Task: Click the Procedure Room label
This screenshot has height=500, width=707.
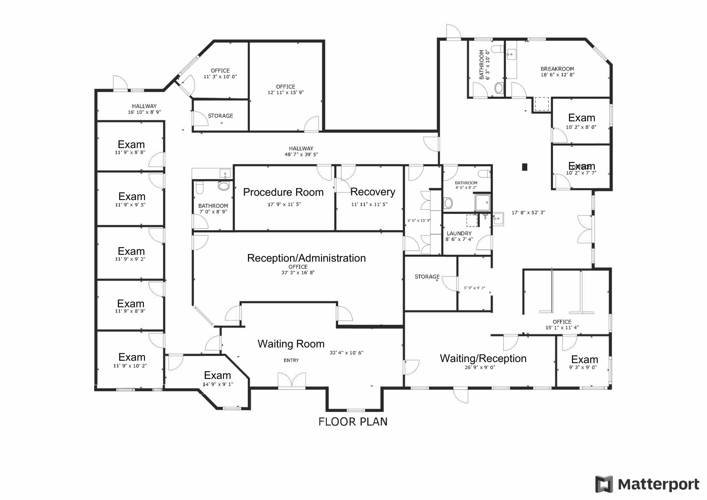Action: (283, 192)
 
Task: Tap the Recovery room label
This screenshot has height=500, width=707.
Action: (372, 192)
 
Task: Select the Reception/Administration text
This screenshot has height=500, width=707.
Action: (306, 258)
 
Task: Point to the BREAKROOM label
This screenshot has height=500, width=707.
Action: (557, 69)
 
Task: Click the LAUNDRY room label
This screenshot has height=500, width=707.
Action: (459, 234)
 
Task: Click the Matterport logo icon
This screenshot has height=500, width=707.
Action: (604, 484)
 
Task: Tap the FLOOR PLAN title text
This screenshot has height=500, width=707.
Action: (353, 422)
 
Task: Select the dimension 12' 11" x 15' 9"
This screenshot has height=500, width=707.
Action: (285, 92)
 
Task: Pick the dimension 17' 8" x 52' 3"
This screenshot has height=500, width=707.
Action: (528, 213)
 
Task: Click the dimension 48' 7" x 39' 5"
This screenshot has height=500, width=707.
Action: (301, 155)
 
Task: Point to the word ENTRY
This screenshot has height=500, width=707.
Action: (291, 360)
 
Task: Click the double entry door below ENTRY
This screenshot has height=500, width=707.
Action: (292, 380)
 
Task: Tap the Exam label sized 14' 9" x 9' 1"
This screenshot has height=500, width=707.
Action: (217, 375)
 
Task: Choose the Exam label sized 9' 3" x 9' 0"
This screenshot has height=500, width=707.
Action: (584, 360)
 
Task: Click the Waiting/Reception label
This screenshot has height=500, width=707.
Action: (483, 359)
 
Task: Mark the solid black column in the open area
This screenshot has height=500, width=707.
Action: (525, 167)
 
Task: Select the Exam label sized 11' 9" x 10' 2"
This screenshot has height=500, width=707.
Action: (132, 357)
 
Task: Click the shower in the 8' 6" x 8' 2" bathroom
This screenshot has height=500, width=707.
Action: (482, 203)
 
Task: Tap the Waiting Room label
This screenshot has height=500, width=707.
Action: (291, 344)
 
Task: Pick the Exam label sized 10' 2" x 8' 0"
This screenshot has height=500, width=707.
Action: (581, 118)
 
